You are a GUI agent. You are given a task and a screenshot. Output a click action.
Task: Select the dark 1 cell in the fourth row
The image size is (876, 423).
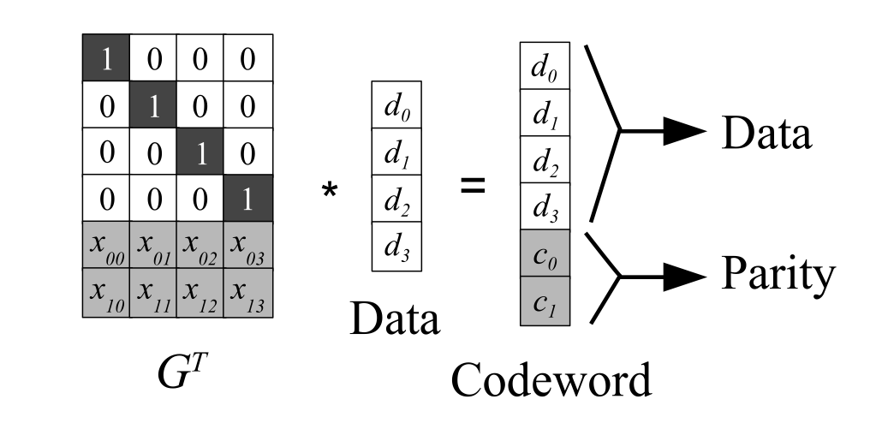click(247, 198)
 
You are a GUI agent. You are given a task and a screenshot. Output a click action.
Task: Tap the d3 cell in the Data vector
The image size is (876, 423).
click(396, 247)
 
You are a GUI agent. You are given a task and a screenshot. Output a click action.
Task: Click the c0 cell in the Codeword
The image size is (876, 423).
click(544, 253)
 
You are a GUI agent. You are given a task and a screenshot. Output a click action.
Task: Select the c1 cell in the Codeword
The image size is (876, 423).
click(544, 301)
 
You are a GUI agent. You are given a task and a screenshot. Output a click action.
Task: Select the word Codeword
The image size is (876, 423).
click(551, 379)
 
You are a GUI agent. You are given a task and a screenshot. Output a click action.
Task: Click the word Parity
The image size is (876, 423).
click(778, 275)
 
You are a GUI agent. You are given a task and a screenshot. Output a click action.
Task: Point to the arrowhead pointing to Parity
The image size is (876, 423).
click(685, 276)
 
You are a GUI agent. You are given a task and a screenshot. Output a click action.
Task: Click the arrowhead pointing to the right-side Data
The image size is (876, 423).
click(685, 131)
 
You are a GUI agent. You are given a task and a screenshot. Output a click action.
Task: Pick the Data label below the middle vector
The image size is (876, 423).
click(394, 319)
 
